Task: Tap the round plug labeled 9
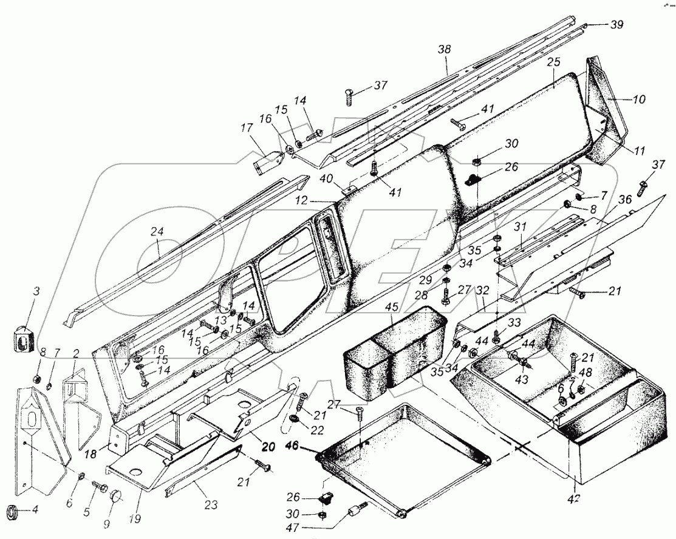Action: coord(115,499)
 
